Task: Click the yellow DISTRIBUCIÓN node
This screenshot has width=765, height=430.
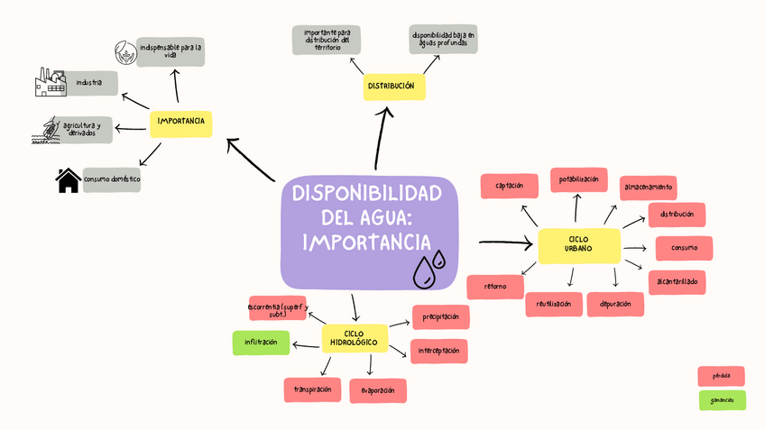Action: point(392,86)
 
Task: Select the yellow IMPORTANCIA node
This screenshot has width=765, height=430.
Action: point(180,122)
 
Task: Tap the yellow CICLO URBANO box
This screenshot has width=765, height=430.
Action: point(579,244)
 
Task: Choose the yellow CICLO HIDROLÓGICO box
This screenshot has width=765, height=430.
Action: point(354,339)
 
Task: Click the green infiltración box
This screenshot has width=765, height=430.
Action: point(261,343)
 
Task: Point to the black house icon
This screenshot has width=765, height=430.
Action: point(68,181)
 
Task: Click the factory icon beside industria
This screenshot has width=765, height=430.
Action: point(51,83)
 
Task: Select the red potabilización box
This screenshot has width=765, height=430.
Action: point(578,179)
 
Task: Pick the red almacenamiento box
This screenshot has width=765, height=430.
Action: point(648,188)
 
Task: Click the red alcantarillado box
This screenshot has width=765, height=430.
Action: point(677,281)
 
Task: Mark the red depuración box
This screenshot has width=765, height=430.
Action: point(614,304)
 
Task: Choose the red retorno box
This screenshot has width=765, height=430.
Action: point(495,287)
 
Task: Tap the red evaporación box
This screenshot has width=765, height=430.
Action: point(378,390)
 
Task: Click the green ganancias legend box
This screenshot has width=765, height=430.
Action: point(722,400)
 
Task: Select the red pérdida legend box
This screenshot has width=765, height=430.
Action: point(721,375)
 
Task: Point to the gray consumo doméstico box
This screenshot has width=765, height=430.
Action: point(112,179)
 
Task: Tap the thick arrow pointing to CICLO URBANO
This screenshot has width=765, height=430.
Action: point(505,242)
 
